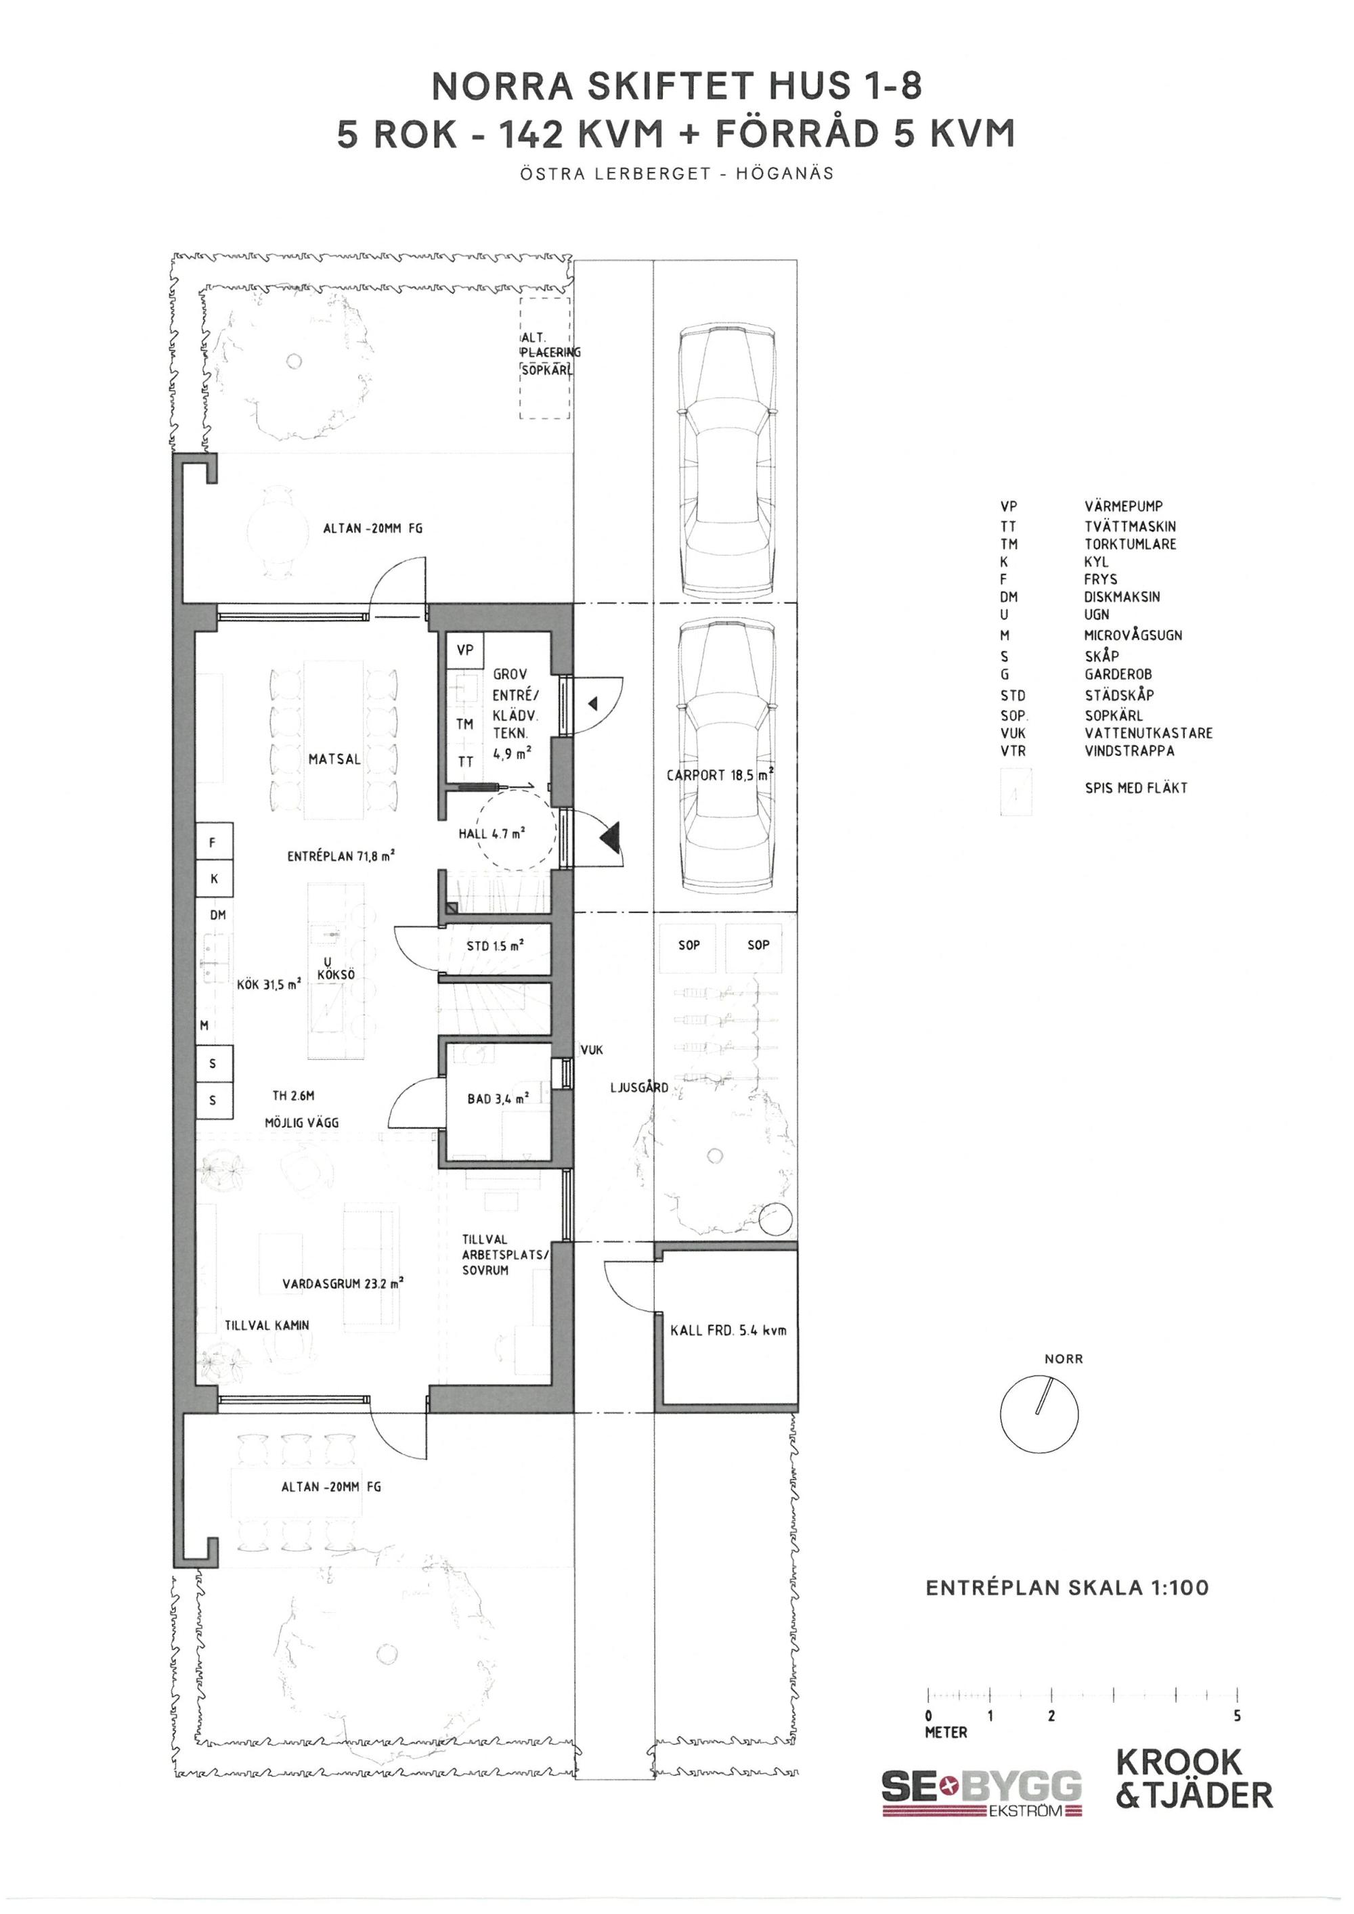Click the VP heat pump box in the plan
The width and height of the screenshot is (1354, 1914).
coord(465,650)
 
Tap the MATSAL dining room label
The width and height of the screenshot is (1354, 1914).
coord(334,759)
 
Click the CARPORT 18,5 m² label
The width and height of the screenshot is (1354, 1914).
coord(720,774)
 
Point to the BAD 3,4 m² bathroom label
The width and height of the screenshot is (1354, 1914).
coord(498,1098)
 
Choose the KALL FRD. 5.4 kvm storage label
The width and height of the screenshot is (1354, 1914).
coord(728,1330)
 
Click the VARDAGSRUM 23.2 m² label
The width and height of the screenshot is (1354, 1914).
coord(343,1284)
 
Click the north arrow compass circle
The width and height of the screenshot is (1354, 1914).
coord(1039,1415)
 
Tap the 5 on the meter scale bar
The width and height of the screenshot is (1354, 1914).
coord(1238,1716)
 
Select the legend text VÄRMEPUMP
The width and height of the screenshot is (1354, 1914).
coord(1123,506)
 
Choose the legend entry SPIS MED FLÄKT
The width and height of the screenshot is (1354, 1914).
coord(1135,788)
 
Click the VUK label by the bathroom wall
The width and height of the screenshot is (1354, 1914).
coord(591,1050)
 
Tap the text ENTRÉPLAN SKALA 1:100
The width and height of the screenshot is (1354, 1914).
coord(1067,1587)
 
